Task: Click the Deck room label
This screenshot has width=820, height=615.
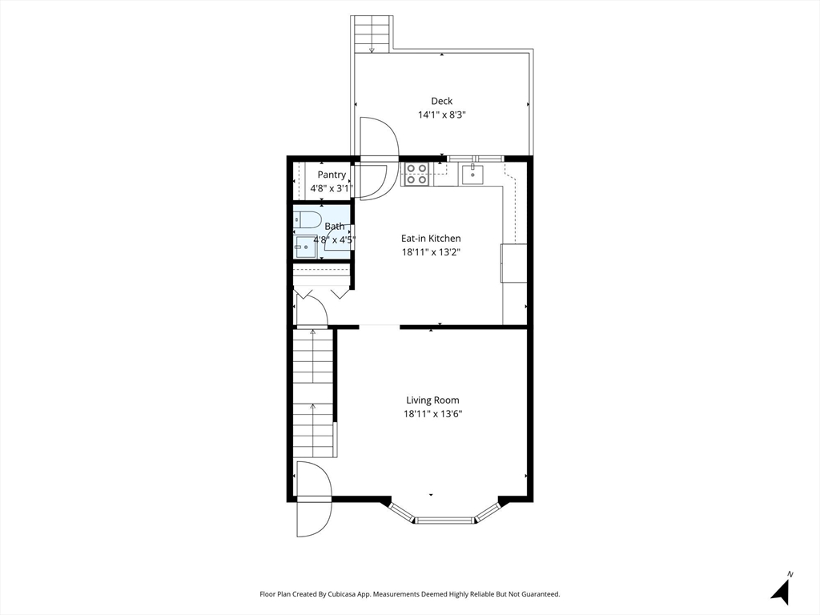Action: (x=441, y=101)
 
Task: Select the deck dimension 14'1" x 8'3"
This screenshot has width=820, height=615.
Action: (x=441, y=115)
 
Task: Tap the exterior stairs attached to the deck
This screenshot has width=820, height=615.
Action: (x=372, y=34)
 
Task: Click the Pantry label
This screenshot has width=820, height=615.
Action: (x=332, y=175)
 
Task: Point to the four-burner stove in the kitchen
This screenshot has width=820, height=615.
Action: (x=416, y=174)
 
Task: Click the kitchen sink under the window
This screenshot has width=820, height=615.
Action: (x=473, y=173)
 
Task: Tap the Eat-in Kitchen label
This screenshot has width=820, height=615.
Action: (x=431, y=238)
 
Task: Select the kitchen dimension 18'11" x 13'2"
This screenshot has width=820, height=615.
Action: (x=431, y=252)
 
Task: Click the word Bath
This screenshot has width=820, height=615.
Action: (x=335, y=227)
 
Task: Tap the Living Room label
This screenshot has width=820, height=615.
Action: (x=432, y=400)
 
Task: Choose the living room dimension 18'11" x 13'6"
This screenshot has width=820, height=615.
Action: (x=432, y=414)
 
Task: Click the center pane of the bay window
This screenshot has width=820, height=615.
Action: (x=445, y=520)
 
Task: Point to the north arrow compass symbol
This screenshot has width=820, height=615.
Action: (x=782, y=589)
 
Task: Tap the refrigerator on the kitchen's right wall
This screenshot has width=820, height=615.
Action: (x=514, y=263)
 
